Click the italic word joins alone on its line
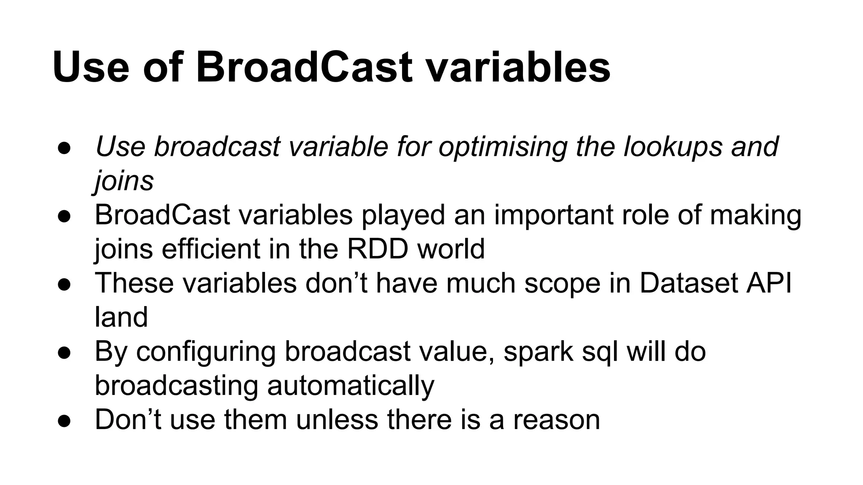coord(124,181)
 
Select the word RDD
coord(378,249)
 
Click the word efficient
coord(211,249)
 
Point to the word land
coord(121,317)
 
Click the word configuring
coord(206,352)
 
